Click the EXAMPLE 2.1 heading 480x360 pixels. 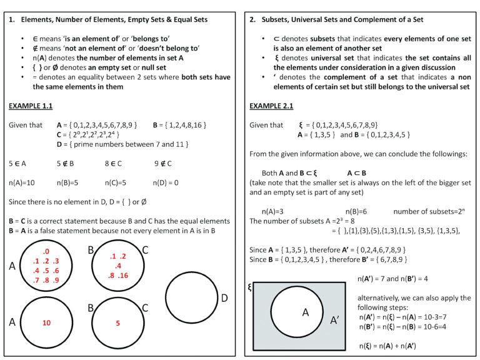tap(271, 106)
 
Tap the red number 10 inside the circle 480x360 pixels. tap(46, 323)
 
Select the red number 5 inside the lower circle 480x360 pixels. tap(117, 323)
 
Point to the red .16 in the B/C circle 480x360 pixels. tap(122, 276)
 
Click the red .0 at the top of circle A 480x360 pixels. tap(46, 251)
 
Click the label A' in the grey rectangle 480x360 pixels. tap(335, 321)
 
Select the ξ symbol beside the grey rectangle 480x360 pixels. tap(249, 287)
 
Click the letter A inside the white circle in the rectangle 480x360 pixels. tap(306, 312)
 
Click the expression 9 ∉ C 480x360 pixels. tap(163, 164)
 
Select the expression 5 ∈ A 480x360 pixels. tap(17, 164)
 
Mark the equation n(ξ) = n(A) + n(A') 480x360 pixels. tap(387, 346)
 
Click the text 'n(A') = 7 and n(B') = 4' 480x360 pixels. tap(392, 279)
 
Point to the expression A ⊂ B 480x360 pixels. tap(356, 173)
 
